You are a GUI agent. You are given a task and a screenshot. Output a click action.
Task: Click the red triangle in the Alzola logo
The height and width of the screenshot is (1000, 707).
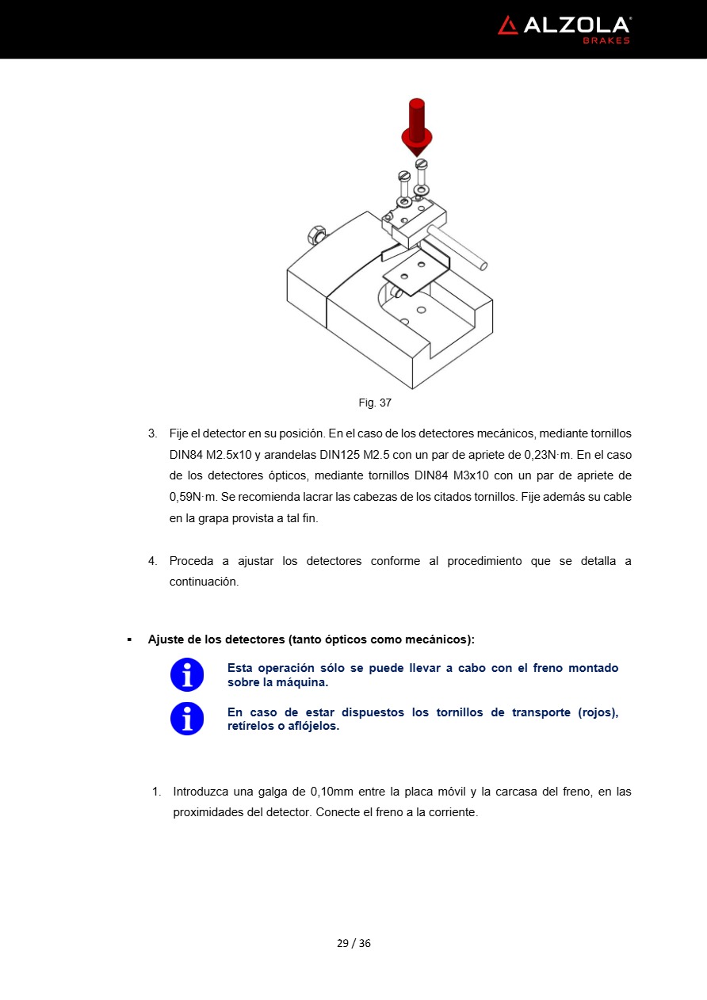click(x=508, y=25)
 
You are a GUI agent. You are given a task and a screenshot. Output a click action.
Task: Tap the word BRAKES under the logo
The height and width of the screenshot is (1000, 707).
click(x=606, y=40)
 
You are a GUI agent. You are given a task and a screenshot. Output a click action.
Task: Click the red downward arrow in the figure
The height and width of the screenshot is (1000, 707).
click(x=416, y=127)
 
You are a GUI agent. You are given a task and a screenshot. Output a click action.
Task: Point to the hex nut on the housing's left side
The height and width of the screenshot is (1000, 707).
click(x=315, y=235)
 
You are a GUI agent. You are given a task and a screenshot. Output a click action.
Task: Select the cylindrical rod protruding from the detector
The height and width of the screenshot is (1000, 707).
click(x=458, y=245)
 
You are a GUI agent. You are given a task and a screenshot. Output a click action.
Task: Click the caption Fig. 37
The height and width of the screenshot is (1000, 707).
click(x=375, y=403)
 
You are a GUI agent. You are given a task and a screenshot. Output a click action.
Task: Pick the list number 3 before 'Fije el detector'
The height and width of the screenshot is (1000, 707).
click(x=152, y=434)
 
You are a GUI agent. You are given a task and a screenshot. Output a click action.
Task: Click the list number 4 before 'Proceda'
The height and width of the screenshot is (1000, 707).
click(x=152, y=561)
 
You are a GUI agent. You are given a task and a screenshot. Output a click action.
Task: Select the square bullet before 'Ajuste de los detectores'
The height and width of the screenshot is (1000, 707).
click(x=129, y=639)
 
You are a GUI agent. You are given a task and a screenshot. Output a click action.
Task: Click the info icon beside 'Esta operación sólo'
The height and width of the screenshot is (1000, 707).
click(x=187, y=675)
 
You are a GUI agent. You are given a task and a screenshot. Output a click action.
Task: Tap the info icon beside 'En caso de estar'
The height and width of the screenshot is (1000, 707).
click(x=187, y=719)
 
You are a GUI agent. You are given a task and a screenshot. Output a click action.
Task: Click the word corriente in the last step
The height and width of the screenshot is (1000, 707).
click(x=451, y=812)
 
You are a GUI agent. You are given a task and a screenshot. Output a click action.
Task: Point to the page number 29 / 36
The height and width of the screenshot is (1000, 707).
click(x=353, y=943)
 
